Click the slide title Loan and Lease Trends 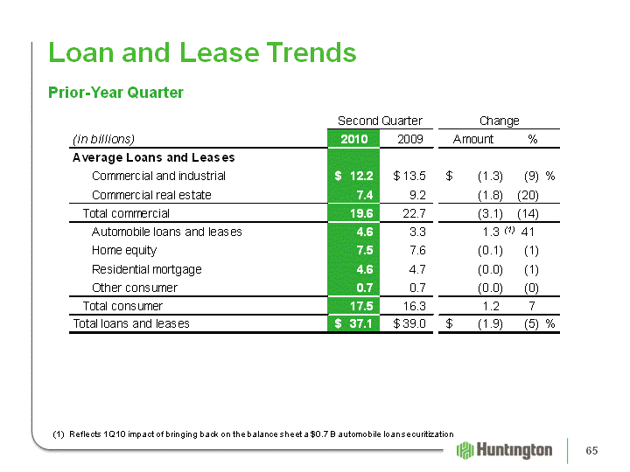pyautogui.click(x=202, y=52)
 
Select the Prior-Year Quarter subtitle pyautogui.click(x=115, y=93)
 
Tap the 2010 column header pyautogui.click(x=354, y=139)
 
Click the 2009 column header pyautogui.click(x=409, y=139)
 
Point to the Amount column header pyautogui.click(x=472, y=139)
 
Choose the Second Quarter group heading pyautogui.click(x=380, y=121)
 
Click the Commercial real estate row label pyautogui.click(x=151, y=195)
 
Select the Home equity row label pyautogui.click(x=124, y=251)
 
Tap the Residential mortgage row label pyautogui.click(x=147, y=269)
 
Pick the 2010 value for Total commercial pyautogui.click(x=361, y=213)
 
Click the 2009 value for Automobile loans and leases pyautogui.click(x=417, y=232)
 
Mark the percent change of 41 pyautogui.click(x=527, y=232)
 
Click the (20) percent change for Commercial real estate pyautogui.click(x=528, y=195)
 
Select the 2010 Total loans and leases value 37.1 pyautogui.click(x=353, y=323)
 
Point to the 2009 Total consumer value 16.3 pyautogui.click(x=414, y=306)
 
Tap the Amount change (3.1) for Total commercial pyautogui.click(x=490, y=213)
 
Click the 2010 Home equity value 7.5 pyautogui.click(x=364, y=251)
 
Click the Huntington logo pyautogui.click(x=504, y=450)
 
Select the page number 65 pyautogui.click(x=591, y=450)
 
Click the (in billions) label pyautogui.click(x=103, y=139)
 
